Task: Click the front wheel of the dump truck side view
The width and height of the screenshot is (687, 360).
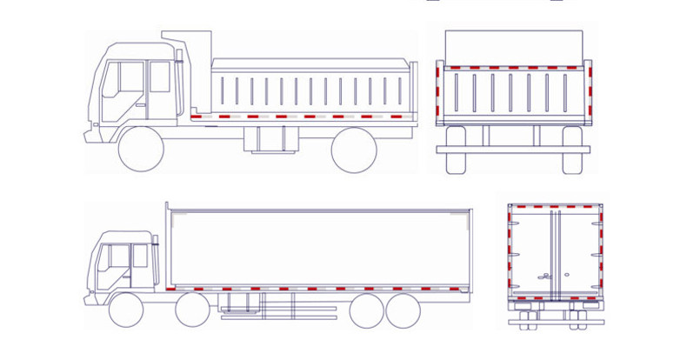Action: [x=141, y=150]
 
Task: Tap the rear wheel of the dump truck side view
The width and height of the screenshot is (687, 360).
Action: [x=354, y=150]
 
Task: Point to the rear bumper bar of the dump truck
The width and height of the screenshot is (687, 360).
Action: [x=514, y=150]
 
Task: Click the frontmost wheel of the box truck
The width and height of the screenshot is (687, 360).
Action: [x=126, y=310]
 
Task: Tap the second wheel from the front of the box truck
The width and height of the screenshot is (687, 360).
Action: [x=192, y=310]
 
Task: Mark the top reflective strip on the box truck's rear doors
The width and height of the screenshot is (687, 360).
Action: [x=555, y=208]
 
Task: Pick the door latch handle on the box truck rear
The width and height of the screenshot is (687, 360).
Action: [x=544, y=277]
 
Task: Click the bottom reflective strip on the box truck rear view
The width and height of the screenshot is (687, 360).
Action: [x=555, y=299]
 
